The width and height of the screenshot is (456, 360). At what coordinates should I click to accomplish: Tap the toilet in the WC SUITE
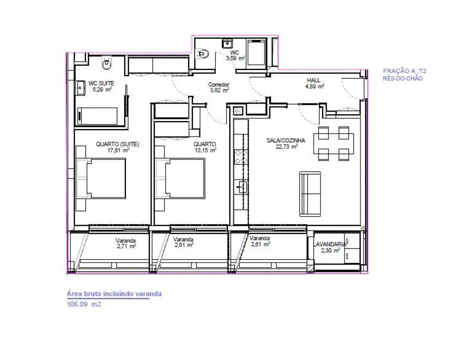[106, 62]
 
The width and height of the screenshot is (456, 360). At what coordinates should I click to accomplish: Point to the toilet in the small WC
[203, 53]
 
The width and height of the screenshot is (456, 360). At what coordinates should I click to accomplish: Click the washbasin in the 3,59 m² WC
[226, 43]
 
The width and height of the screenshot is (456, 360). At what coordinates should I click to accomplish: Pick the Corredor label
[219, 85]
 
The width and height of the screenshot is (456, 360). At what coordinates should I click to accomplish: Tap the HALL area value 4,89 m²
[315, 86]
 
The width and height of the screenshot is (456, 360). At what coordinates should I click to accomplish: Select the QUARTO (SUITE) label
[117, 144]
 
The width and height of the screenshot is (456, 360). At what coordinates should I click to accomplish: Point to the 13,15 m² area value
[206, 149]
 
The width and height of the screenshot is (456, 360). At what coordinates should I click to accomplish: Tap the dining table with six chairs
[333, 143]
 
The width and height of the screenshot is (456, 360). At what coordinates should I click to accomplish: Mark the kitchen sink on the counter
[241, 187]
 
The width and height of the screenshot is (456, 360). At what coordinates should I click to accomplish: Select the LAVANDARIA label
[330, 244]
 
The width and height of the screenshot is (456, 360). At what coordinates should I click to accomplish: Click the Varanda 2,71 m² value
[126, 246]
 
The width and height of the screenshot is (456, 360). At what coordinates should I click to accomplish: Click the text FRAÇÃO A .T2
[404, 71]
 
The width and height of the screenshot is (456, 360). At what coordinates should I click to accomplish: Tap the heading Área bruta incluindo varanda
[114, 294]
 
